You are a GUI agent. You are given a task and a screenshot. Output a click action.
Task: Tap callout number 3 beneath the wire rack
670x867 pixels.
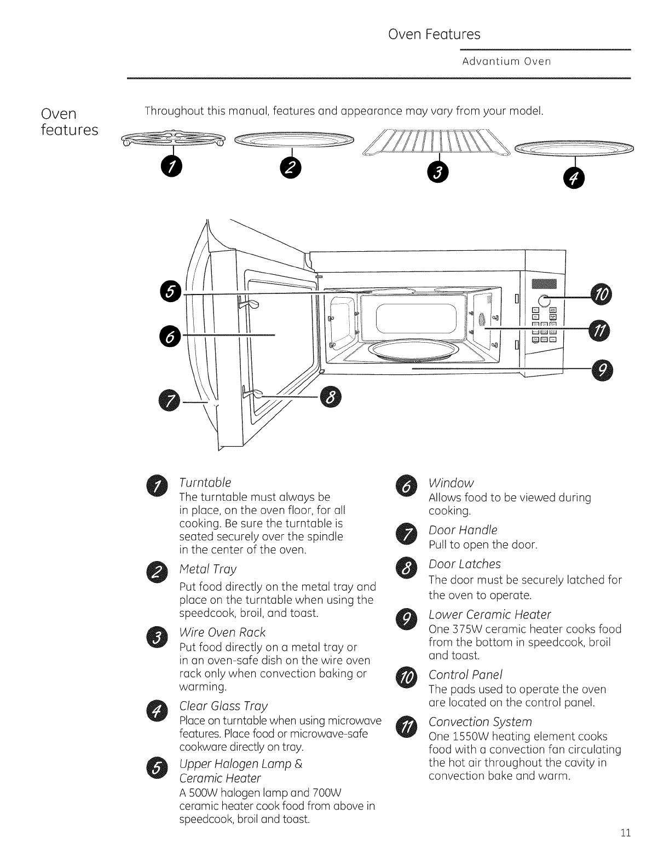437,172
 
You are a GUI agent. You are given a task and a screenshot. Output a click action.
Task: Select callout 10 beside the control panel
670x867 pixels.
602,296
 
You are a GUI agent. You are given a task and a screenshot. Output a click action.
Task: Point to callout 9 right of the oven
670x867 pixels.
602,371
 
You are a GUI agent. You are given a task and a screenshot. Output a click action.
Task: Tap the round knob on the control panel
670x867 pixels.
544,300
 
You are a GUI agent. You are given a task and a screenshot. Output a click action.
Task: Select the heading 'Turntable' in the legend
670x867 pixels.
205,482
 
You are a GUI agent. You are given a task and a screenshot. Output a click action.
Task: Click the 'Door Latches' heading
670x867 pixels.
465,564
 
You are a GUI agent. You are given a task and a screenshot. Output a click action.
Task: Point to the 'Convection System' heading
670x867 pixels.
480,721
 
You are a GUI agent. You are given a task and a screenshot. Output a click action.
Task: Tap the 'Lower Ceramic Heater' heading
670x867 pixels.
489,614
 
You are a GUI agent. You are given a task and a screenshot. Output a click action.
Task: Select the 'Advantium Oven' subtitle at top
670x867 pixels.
506,61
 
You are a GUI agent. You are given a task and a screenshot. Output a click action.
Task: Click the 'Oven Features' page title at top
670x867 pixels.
434,34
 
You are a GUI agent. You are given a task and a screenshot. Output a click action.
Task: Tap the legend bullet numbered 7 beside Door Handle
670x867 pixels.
406,536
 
